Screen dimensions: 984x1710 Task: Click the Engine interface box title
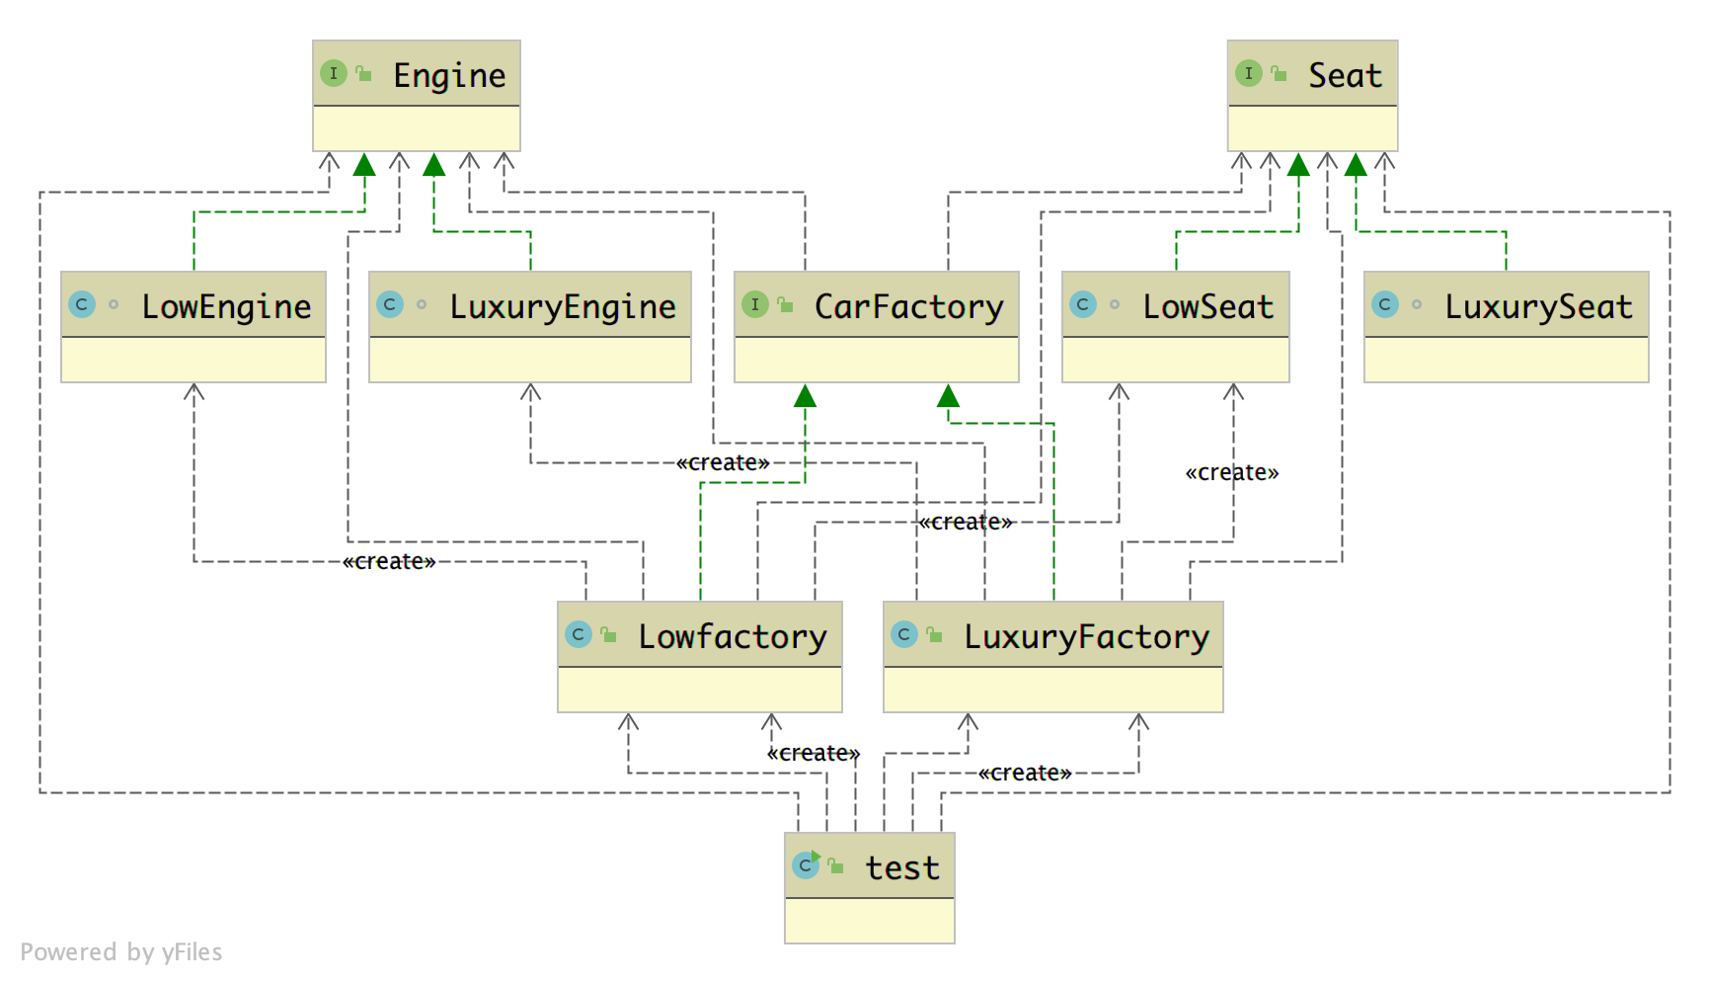pyautogui.click(x=449, y=75)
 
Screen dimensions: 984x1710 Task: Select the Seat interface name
pyautogui.click(x=1345, y=75)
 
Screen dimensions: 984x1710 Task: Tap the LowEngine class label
pyautogui.click(x=226, y=306)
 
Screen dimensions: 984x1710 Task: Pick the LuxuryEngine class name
pyautogui.click(x=563, y=306)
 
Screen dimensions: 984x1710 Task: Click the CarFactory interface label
pyautogui.click(x=908, y=306)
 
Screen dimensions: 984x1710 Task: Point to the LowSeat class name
pyautogui.click(x=1207, y=306)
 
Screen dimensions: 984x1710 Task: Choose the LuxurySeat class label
pyautogui.click(x=1538, y=306)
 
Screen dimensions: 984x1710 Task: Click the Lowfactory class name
pyautogui.click(x=732, y=636)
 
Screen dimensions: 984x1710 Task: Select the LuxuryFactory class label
pyautogui.click(x=1086, y=636)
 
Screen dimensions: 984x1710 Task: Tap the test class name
pyautogui.click(x=902, y=867)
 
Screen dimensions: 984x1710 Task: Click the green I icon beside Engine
pyautogui.click(x=334, y=73)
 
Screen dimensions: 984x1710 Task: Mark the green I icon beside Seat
pyautogui.click(x=1249, y=73)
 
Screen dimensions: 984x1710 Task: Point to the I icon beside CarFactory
pyautogui.click(x=755, y=304)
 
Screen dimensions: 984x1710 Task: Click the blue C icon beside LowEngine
pyautogui.click(x=82, y=304)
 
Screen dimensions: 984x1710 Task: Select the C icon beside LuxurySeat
pyautogui.click(x=1385, y=304)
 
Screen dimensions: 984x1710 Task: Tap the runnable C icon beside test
pyautogui.click(x=806, y=865)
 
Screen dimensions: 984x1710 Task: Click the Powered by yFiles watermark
pyautogui.click(x=121, y=952)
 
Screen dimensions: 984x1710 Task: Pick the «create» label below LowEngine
pyautogui.click(x=389, y=561)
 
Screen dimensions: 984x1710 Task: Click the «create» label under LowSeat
pyautogui.click(x=1232, y=472)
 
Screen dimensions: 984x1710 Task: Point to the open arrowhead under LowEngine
pyautogui.click(x=194, y=392)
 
